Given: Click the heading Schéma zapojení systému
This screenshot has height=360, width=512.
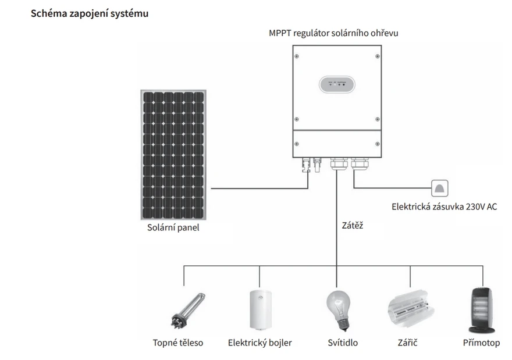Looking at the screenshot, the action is point(90,13).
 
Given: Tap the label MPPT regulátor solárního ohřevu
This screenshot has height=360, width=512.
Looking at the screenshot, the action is point(333,33).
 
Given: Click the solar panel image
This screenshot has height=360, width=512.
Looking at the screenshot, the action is point(173,155).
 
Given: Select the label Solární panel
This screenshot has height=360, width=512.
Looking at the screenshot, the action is point(173,227).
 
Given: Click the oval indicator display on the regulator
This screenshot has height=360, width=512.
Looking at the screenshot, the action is point(337,84).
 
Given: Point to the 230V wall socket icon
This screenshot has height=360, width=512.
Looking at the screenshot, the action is point(439,188).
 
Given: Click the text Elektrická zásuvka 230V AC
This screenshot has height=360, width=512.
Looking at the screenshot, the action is point(444,206).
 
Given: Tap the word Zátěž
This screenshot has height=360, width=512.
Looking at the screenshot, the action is point(353,226).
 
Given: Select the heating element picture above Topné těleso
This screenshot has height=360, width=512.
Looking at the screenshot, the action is point(189,310).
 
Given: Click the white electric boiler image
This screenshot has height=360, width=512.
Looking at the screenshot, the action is point(261,310).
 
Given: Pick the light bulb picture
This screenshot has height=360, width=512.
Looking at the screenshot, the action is point(339,311).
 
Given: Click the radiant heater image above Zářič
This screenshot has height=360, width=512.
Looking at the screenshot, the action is point(411,308).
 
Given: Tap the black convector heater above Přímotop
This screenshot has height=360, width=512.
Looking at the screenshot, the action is point(482,310).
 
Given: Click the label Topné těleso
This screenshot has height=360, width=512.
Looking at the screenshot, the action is point(178,343).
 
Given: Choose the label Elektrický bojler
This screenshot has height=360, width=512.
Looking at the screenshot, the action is point(260,343).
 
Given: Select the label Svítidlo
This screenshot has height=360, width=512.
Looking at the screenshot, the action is point(343,343).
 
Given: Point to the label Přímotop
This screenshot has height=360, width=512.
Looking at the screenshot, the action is point(481,343).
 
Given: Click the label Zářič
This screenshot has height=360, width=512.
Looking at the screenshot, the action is point(407,343).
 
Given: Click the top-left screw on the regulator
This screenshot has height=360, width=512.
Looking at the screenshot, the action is point(297,56).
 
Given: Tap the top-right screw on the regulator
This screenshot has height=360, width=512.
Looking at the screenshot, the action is point(378,56).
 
